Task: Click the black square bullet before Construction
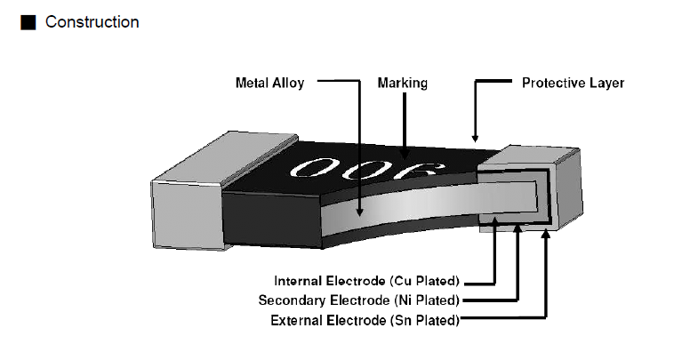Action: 28,22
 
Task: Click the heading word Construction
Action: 92,22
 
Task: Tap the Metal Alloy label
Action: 269,83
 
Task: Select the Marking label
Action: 403,83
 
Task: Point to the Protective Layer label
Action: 573,83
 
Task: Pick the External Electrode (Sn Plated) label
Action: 365,319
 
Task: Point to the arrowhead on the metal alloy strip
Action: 357,212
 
